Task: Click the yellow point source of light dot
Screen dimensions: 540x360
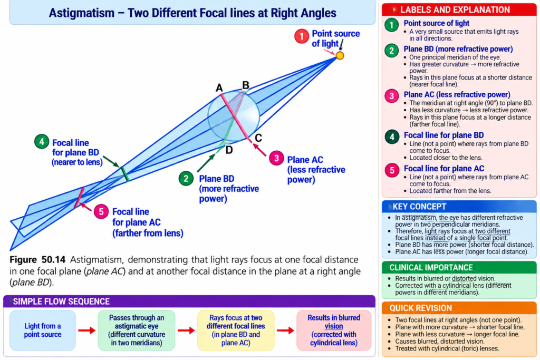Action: [x=340, y=55]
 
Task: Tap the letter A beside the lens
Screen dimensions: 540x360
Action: [x=219, y=88]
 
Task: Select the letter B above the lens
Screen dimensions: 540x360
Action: [x=246, y=85]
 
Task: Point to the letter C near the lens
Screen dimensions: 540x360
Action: [x=258, y=138]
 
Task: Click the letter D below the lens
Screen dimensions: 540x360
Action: [x=229, y=150]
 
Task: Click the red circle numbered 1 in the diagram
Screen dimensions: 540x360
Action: [x=302, y=36]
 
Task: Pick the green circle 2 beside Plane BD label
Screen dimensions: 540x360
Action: [x=186, y=178]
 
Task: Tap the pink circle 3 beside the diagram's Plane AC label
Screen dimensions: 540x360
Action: [x=276, y=158]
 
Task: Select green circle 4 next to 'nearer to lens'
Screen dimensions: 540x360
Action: [x=42, y=141]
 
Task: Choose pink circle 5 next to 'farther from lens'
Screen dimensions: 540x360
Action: [x=101, y=211]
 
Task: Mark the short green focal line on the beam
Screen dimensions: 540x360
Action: [x=124, y=174]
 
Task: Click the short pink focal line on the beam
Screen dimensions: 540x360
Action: [x=79, y=198]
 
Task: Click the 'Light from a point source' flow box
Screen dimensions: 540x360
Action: [x=43, y=330]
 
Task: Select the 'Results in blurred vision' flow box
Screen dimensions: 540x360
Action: [x=334, y=330]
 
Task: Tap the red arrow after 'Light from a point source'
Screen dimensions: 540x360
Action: [x=87, y=330]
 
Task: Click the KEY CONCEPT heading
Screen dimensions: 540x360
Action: [x=419, y=207]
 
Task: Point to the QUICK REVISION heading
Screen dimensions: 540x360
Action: [x=420, y=308]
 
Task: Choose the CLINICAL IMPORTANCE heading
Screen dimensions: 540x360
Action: [x=431, y=267]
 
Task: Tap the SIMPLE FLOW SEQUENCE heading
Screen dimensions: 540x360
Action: [x=61, y=301]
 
